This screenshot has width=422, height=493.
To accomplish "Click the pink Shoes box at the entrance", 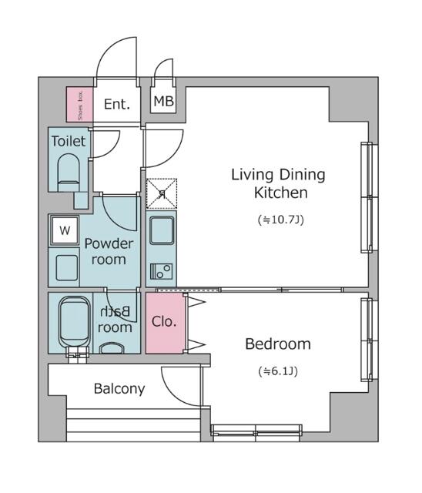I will coord(78,105).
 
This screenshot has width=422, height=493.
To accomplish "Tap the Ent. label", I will coord(116,104).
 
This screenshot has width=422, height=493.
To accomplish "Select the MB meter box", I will coord(162,102).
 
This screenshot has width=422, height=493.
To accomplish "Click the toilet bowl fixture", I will coord(69,171).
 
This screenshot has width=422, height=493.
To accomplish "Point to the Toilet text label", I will coord(69,142).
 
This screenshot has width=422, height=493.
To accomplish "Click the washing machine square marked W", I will coord(65,230).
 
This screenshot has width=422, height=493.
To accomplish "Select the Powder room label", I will coord(109,251).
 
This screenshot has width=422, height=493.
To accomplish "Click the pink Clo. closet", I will coord(164,321).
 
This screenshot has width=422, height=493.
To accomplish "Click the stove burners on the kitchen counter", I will coord(162,271).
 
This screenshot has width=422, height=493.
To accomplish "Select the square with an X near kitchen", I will coord(162,193).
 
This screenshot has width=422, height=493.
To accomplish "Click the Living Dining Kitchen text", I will coord(278,183).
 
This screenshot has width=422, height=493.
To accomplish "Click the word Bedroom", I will coord(277,344).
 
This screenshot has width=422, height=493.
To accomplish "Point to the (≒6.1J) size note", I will coord(277,371).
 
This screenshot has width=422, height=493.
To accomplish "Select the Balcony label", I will coord(119,389).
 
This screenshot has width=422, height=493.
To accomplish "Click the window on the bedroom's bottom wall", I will coord(257,430).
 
